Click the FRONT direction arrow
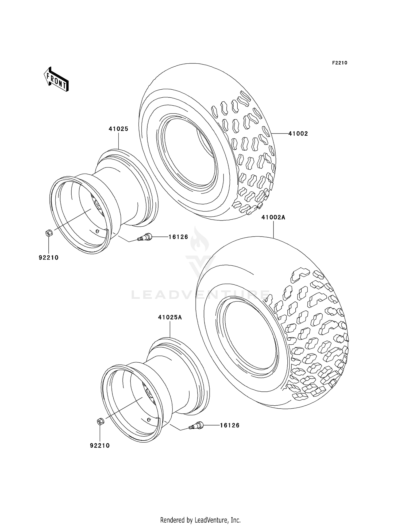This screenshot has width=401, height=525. point(56,79)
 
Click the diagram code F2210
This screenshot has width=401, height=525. point(340,63)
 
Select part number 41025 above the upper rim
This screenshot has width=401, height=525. point(118,129)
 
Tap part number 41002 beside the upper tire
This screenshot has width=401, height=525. point(298,134)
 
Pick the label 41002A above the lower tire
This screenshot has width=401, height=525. point(273,217)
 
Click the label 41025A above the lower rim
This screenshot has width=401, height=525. point(170,317)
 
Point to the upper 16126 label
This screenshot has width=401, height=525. point(178,237)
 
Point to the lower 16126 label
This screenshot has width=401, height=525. point(230,425)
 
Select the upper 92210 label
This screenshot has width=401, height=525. point(49,257)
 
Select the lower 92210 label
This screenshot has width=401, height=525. point(100,446)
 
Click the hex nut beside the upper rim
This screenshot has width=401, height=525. point(49,233)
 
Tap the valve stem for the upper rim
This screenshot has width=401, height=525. point(145,237)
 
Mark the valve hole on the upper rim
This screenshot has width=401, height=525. point(98,231)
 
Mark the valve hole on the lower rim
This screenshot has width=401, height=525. point(149,419)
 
